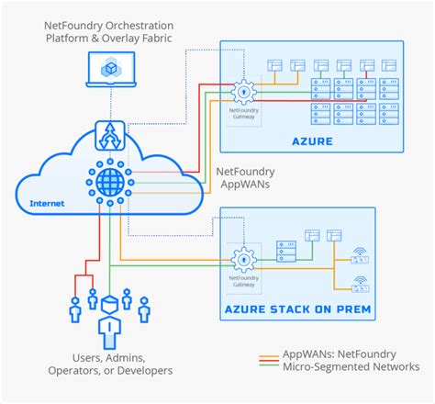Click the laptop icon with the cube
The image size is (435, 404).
coord(109,71)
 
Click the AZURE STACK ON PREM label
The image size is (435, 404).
coord(298,309)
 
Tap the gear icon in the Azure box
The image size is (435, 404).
coord(243,91)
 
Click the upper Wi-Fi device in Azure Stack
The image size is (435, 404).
coord(361,247)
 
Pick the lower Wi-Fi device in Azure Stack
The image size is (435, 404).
coord(361,282)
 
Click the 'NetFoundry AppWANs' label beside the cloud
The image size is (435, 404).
coord(242,177)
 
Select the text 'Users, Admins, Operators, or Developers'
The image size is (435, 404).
coord(109,365)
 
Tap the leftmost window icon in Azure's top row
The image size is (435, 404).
coord(273,65)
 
